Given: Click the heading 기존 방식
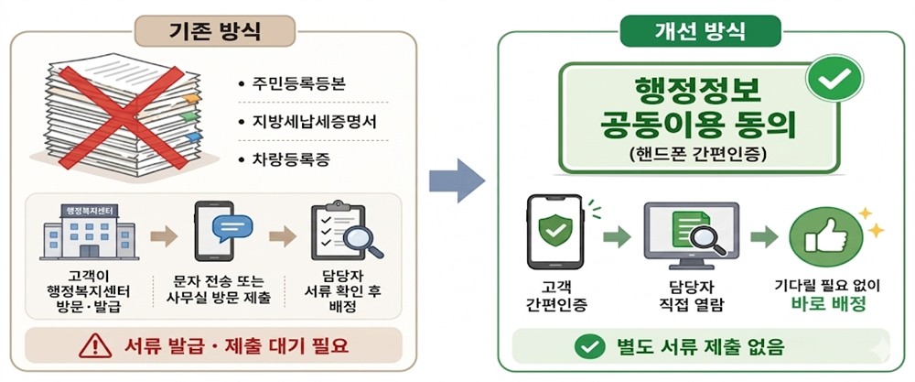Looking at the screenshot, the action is (215, 31).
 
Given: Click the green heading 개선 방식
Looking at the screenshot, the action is (700, 30).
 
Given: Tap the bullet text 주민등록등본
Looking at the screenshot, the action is (299, 84).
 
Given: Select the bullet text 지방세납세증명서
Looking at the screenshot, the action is (315, 122).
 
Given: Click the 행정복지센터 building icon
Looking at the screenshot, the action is (89, 232).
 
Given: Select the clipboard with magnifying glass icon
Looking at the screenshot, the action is (346, 231).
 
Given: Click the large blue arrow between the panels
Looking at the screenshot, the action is (457, 181).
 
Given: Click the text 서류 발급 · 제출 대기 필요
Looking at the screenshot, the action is (236, 346).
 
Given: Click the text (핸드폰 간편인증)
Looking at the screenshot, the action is (700, 153).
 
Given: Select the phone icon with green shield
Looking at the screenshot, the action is (555, 232).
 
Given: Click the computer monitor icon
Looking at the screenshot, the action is (691, 235).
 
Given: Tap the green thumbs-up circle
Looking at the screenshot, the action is (825, 235).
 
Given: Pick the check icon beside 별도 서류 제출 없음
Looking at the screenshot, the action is (589, 347).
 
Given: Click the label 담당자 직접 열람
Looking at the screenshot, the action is (691, 296).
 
